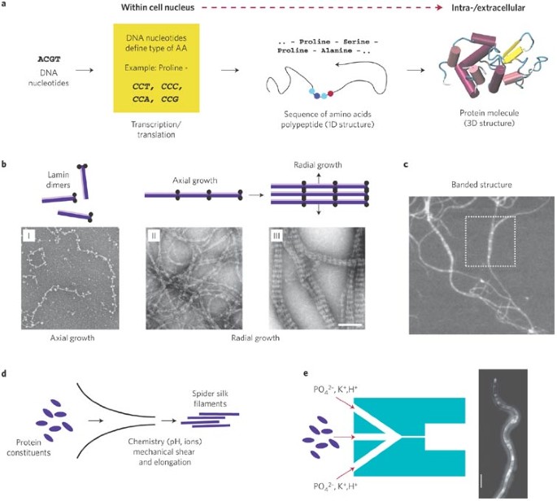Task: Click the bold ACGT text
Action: pos(51,60)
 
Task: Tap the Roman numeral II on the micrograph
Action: pos(152,236)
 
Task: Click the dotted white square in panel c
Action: pos(487,242)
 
